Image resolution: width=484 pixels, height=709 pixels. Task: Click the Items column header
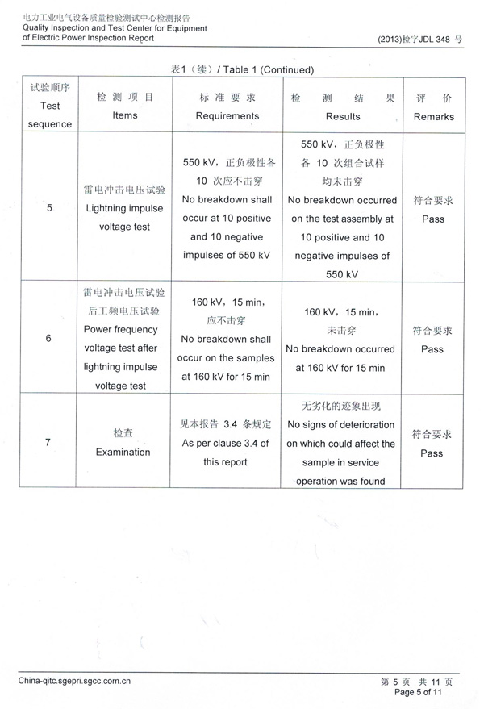coord(125,106)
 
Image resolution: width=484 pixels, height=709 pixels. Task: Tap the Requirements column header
coord(227,106)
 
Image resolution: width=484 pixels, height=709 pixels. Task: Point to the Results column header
coord(343,106)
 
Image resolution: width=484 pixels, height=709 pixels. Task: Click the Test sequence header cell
coord(50,106)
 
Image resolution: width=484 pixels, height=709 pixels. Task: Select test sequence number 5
coord(50,208)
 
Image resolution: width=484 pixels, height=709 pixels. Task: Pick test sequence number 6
coord(50,338)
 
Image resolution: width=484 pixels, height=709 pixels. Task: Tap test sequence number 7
coord(50,442)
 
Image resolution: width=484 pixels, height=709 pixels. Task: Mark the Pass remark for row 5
coord(432,211)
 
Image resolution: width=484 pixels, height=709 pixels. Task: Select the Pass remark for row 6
coord(432,340)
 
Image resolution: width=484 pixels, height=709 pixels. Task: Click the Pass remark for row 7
coord(432,444)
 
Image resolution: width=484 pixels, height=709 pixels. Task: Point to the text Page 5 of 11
coord(419,692)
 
